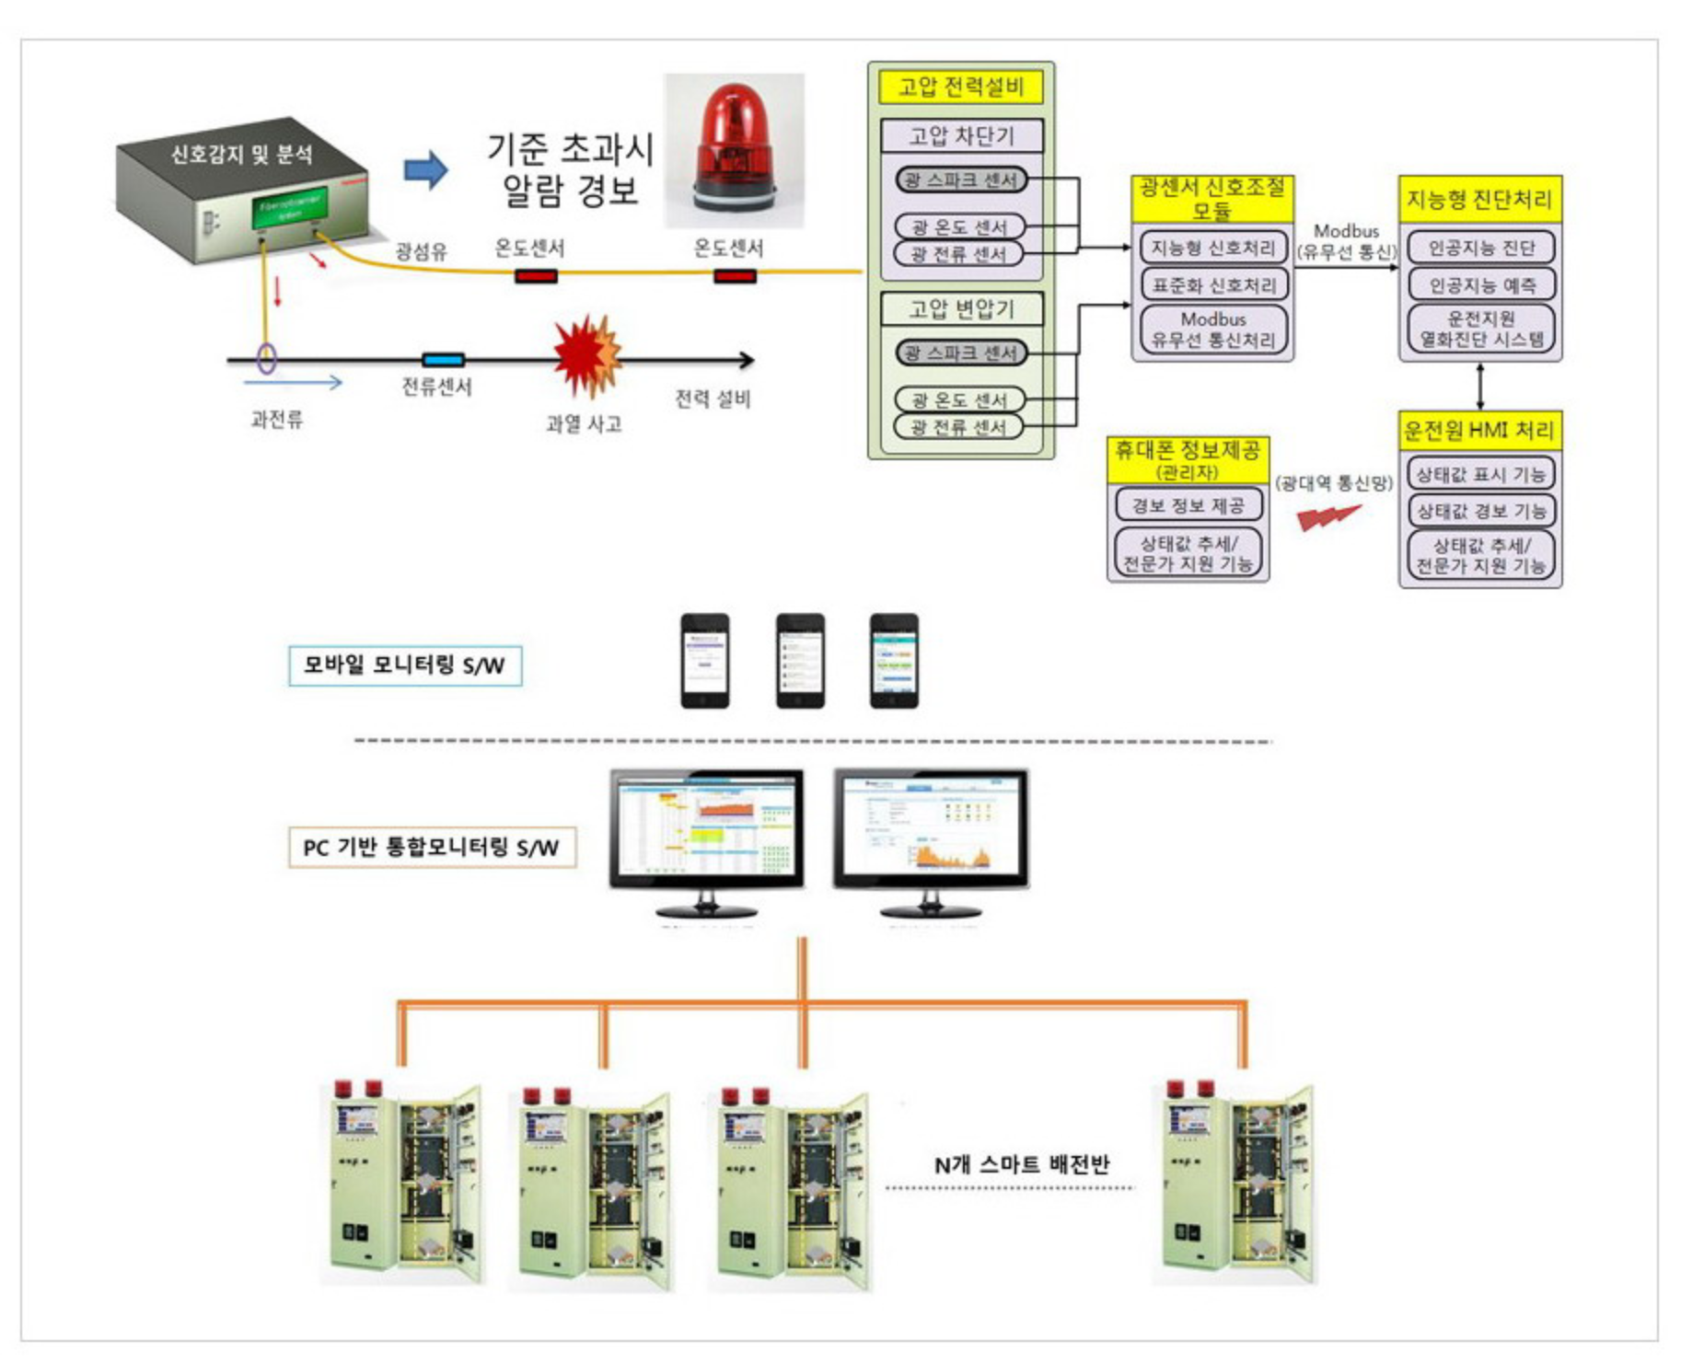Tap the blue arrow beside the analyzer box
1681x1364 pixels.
coord(425,170)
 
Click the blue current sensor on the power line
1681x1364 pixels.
coord(443,360)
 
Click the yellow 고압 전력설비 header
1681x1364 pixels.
coord(960,87)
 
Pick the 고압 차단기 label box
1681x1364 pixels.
coord(961,136)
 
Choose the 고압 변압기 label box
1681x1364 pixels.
coord(961,309)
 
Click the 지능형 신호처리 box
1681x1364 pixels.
coord(1212,248)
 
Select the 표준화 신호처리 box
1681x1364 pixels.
coord(1212,285)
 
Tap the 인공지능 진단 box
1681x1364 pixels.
coord(1480,248)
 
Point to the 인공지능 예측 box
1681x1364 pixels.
coord(1480,285)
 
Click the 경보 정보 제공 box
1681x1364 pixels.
coord(1188,505)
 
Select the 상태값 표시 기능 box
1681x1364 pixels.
coord(1479,474)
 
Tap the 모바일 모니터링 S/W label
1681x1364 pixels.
coord(405,665)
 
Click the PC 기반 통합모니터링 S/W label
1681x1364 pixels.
coord(432,848)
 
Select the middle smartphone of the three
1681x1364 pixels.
coord(800,661)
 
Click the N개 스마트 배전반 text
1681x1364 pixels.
coord(1022,1164)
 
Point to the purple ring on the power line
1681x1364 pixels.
coord(267,358)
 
